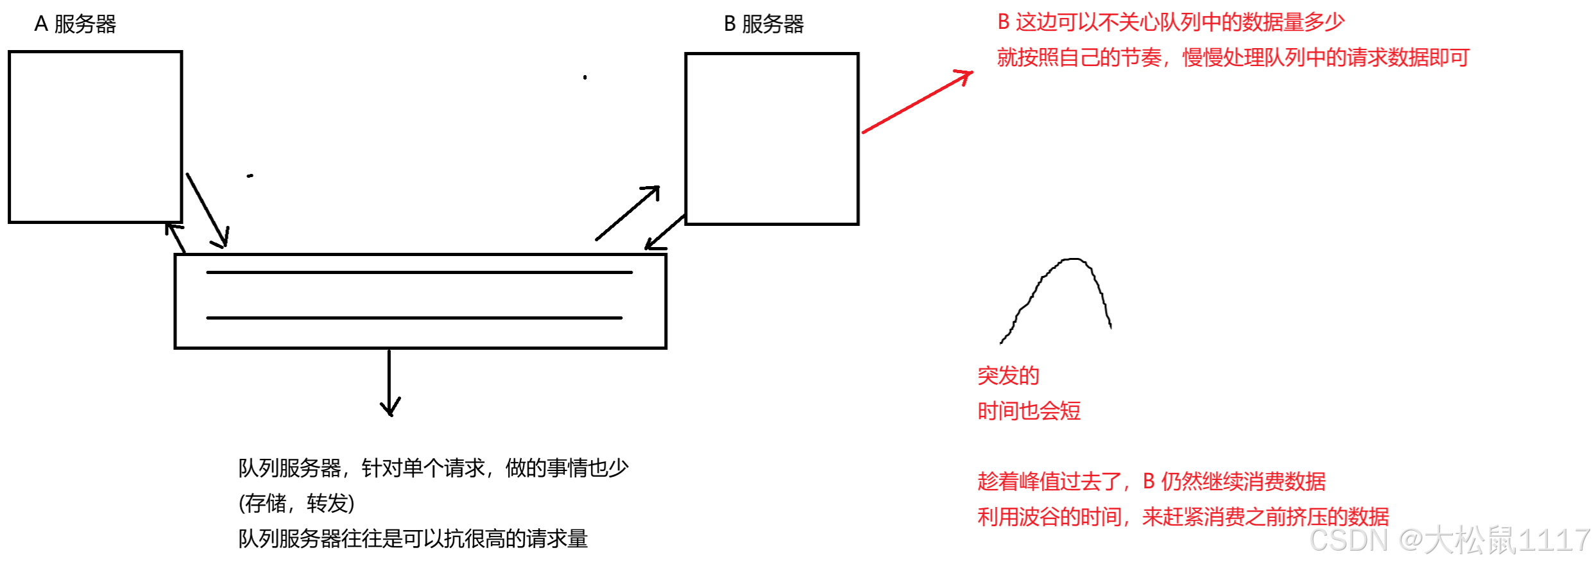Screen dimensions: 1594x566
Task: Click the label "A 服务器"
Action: tap(75, 24)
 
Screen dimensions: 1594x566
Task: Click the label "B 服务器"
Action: tap(764, 24)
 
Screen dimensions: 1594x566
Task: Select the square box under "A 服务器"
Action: tap(95, 137)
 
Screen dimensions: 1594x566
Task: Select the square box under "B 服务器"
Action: tap(771, 139)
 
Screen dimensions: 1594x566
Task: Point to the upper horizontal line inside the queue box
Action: tap(419, 273)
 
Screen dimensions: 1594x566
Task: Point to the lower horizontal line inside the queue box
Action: tap(414, 318)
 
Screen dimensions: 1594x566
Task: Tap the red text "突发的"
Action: tap(1008, 376)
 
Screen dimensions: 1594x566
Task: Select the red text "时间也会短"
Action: tap(1029, 411)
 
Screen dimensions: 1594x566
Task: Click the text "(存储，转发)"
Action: tap(296, 503)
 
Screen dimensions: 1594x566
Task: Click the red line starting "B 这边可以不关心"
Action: tap(1170, 22)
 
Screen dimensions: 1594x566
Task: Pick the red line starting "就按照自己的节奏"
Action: tap(1233, 58)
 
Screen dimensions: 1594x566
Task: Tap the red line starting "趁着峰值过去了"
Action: tap(1151, 481)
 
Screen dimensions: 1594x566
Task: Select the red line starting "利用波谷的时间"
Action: tap(1183, 517)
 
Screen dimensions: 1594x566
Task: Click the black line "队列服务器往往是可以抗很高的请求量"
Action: tap(413, 538)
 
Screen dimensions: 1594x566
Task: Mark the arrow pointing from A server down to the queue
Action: tap(207, 210)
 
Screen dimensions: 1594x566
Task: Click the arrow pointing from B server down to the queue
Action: tap(665, 232)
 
